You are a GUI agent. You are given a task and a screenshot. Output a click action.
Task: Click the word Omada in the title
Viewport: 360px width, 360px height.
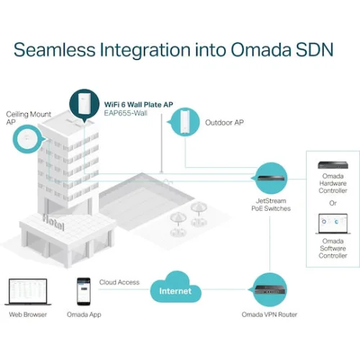[x=261, y=50]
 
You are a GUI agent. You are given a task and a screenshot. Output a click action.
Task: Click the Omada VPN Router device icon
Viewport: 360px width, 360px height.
[x=269, y=289]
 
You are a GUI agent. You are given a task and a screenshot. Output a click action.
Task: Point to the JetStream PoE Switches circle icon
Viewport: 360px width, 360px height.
[x=271, y=178]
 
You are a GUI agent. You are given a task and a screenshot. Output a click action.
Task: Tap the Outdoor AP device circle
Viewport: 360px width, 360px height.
[x=185, y=122]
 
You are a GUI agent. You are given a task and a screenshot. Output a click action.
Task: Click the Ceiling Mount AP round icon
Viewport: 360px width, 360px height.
[x=28, y=139]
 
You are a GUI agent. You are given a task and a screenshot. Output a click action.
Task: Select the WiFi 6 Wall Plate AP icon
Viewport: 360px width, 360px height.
[x=84, y=105]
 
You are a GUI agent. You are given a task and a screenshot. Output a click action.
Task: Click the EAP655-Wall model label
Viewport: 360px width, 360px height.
[x=125, y=113]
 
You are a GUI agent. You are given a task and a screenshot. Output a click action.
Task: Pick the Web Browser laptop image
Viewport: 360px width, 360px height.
[x=27, y=292]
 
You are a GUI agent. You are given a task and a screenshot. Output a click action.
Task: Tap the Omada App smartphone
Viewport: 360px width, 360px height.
[x=84, y=292]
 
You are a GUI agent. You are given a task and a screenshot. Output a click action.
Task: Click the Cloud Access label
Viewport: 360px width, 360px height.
[x=120, y=282]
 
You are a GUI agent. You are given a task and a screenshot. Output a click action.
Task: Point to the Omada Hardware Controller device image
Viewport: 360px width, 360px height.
[x=333, y=165]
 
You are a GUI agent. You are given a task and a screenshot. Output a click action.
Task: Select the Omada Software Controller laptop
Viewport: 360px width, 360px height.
[x=333, y=224]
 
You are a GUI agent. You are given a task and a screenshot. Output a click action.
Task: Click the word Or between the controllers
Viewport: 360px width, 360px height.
[x=333, y=203]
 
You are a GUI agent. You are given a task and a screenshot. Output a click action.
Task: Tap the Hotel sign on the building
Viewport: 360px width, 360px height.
[x=53, y=222]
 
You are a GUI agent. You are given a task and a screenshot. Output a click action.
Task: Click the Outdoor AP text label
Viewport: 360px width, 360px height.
[x=225, y=122]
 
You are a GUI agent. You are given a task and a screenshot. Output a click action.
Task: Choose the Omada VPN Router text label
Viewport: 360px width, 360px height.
[x=269, y=315]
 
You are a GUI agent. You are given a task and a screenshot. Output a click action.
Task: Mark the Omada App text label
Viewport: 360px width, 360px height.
[x=84, y=315]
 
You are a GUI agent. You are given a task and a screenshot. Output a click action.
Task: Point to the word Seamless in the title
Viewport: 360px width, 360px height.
[x=55, y=50]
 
